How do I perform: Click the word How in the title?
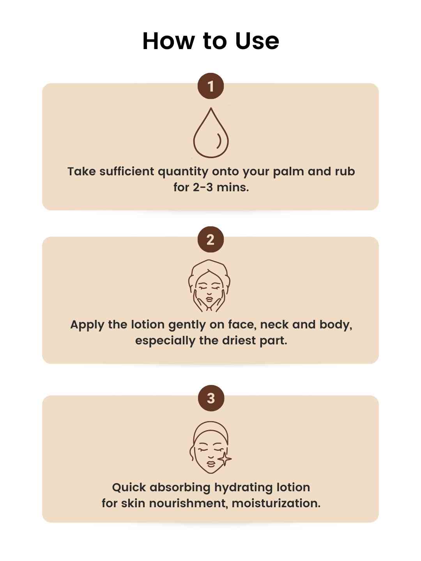pyautogui.click(x=168, y=41)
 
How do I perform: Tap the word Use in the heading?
pyautogui.click(x=257, y=41)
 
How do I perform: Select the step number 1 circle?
pyautogui.click(x=210, y=86)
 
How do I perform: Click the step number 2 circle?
pyautogui.click(x=210, y=240)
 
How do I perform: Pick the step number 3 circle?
pyautogui.click(x=211, y=398)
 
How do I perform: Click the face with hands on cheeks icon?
pyautogui.click(x=209, y=286)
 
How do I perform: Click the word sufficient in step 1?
pyautogui.click(x=127, y=171)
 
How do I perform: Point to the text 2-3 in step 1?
pyautogui.click(x=203, y=187)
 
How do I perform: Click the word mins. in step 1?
pyautogui.click(x=233, y=187)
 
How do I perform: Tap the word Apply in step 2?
pyautogui.click(x=87, y=325)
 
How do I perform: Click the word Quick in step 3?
pyautogui.click(x=129, y=487)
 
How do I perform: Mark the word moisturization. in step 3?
pyautogui.click(x=276, y=503)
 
